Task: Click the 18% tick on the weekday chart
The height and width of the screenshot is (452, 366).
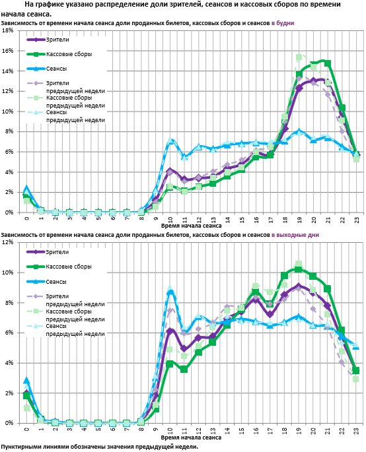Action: pyautogui.click(x=8, y=30)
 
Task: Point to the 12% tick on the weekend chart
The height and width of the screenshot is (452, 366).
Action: pyautogui.click(x=8, y=242)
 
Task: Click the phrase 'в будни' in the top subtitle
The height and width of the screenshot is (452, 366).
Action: pyautogui.click(x=283, y=23)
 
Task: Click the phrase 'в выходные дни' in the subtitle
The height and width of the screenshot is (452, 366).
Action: pyautogui.click(x=295, y=235)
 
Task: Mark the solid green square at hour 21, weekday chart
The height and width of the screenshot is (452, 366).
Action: pyautogui.click(x=328, y=63)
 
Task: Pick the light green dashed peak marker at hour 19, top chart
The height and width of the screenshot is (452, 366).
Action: pyautogui.click(x=299, y=57)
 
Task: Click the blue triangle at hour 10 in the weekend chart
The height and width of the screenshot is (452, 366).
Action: pyautogui.click(x=170, y=292)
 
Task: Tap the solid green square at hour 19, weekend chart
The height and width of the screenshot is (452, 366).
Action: pyautogui.click(x=299, y=269)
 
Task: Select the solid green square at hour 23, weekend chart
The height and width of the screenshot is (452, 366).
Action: pyautogui.click(x=356, y=370)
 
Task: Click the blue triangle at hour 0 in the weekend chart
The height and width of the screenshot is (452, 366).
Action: pyautogui.click(x=26, y=381)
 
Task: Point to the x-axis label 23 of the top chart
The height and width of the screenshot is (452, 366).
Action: pyautogui.click(x=357, y=220)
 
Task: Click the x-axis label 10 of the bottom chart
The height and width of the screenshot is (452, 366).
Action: pyautogui.click(x=170, y=431)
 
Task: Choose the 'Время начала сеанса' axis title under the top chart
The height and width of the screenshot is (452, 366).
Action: pyautogui.click(x=192, y=226)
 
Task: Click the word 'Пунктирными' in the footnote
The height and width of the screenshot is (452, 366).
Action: pyautogui.click(x=18, y=447)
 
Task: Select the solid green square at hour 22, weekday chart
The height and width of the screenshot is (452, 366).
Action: pyautogui.click(x=342, y=108)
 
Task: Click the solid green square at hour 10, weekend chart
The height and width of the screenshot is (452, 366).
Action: pyautogui.click(x=170, y=364)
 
